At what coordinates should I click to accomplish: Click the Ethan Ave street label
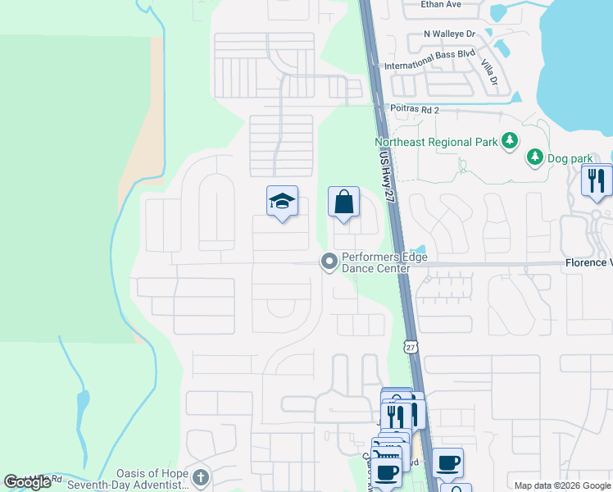pyautogui.click(x=441, y=5)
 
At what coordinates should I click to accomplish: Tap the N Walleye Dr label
pyautogui.click(x=449, y=34)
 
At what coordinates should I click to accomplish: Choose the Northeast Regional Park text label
pyautogui.click(x=436, y=142)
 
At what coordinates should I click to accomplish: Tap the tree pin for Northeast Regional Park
pyautogui.click(x=510, y=141)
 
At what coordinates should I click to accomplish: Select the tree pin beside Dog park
pyautogui.click(x=534, y=155)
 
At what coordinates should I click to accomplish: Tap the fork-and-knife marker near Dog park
pyautogui.click(x=597, y=180)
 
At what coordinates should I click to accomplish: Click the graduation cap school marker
pyautogui.click(x=281, y=202)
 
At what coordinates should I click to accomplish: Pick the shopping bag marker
pyautogui.click(x=344, y=202)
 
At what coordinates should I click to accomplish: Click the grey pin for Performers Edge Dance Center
pyautogui.click(x=329, y=262)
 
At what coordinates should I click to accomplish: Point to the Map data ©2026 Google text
pyautogui.click(x=561, y=485)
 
